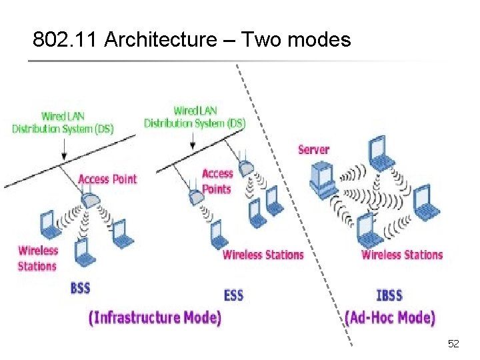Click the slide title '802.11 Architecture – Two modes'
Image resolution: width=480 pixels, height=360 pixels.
(x=192, y=40)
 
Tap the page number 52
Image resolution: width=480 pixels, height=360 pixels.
(x=453, y=344)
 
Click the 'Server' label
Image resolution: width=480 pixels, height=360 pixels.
(x=314, y=149)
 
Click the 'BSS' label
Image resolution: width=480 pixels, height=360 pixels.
(x=80, y=288)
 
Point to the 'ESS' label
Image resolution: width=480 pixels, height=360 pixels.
(x=233, y=294)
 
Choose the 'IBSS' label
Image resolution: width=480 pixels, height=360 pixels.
(x=389, y=294)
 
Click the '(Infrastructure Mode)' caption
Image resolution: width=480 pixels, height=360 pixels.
(x=155, y=317)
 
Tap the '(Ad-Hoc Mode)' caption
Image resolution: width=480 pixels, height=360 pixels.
(x=390, y=317)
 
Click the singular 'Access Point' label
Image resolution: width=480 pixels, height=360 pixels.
(x=107, y=179)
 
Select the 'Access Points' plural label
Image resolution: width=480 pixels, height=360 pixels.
(x=217, y=181)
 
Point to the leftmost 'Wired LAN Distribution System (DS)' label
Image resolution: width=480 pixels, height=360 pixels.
(x=63, y=123)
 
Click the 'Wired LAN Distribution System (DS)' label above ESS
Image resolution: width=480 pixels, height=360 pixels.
(x=195, y=117)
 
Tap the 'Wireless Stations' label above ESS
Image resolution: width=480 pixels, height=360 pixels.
(x=263, y=255)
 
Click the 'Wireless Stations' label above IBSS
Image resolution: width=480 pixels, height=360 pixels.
(x=402, y=255)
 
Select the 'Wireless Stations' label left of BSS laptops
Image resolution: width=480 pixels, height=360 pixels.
(x=37, y=259)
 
